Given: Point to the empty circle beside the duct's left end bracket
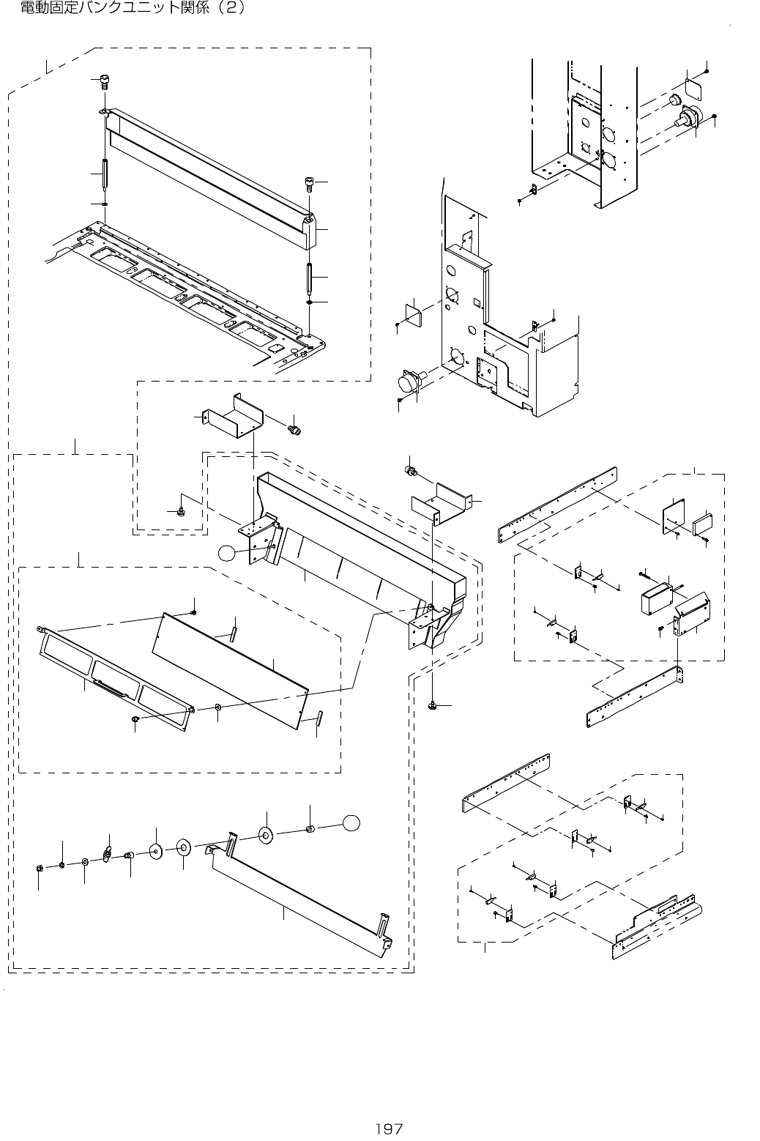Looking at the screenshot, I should coord(228,554).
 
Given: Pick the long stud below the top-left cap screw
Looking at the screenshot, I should coord(106,174).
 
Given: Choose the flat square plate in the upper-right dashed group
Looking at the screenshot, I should coord(674,515).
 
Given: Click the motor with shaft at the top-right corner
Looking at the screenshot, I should coord(689,117).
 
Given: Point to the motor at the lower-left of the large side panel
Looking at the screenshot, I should coord(411,382).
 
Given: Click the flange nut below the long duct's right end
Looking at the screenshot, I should coord(432,705).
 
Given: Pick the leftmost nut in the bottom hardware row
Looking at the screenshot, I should coord(38,869).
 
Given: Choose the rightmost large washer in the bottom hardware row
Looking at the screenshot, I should coord(265,834).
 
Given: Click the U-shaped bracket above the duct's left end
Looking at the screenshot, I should coord(234,416).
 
